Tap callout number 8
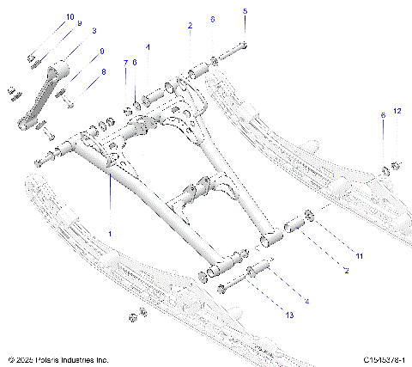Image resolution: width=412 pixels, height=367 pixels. [x=104, y=72]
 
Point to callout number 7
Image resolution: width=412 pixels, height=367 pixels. [x=125, y=63]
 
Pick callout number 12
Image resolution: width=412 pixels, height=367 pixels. [x=397, y=112]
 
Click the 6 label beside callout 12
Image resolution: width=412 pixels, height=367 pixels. [x=383, y=115]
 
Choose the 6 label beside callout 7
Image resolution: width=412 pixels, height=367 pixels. [x=135, y=63]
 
